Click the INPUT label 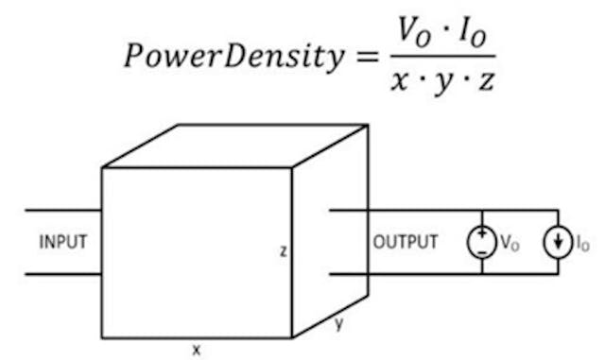tap(62, 242)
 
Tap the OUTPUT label tap(406, 242)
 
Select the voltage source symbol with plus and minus tap(482, 242)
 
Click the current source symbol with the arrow tap(558, 242)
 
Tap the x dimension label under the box tap(197, 350)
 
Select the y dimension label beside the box tap(337, 324)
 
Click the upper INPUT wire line tap(62, 209)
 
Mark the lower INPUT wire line tap(62, 275)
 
